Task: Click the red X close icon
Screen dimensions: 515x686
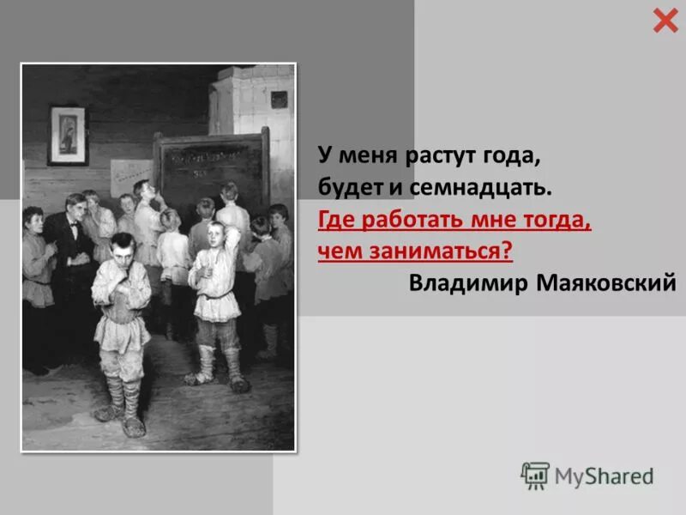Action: tap(665, 20)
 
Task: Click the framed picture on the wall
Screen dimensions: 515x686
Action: tap(68, 135)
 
